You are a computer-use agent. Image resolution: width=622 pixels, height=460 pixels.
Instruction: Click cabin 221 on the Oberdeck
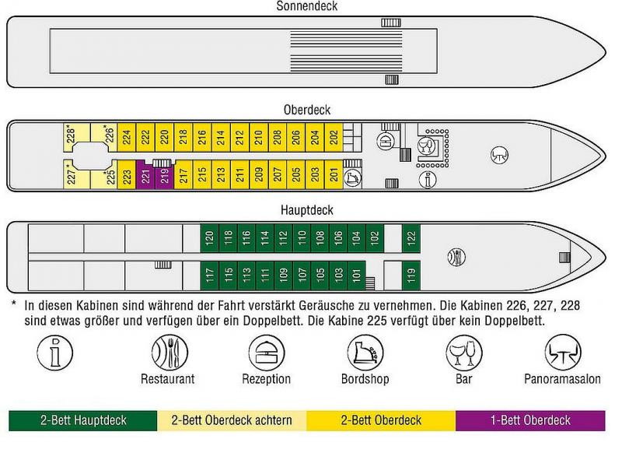pos(145,176)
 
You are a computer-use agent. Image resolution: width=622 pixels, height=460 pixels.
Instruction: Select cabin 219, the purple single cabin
pos(164,176)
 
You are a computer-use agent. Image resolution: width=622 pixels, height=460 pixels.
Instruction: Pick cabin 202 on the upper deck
pos(333,137)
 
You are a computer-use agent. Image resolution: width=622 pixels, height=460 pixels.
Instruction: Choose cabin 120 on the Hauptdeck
pos(208,237)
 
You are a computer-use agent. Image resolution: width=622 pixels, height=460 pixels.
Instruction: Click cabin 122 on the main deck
pos(412,237)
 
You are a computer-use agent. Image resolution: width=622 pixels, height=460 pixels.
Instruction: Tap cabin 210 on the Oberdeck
pos(258,137)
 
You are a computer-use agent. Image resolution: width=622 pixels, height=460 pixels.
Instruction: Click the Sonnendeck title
pos(307,6)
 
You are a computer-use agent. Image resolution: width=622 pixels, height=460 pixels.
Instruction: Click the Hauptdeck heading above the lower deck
pos(307,210)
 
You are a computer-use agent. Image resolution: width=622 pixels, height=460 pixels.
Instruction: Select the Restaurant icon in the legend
pos(168,353)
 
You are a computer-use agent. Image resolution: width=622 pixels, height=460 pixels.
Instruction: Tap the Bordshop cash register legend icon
pos(365,353)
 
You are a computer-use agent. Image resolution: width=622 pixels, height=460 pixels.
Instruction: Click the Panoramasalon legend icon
pos(562,353)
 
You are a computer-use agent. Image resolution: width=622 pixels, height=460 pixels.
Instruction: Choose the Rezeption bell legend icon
pos(266,353)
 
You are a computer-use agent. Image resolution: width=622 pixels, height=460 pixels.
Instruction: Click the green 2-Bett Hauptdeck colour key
pos(83,420)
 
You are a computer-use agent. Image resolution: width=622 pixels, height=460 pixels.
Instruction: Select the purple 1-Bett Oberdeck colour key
pos(530,420)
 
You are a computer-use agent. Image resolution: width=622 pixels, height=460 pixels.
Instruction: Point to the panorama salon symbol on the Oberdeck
pos(499,156)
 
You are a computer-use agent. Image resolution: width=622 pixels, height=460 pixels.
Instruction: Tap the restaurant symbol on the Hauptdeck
pos(457,256)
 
